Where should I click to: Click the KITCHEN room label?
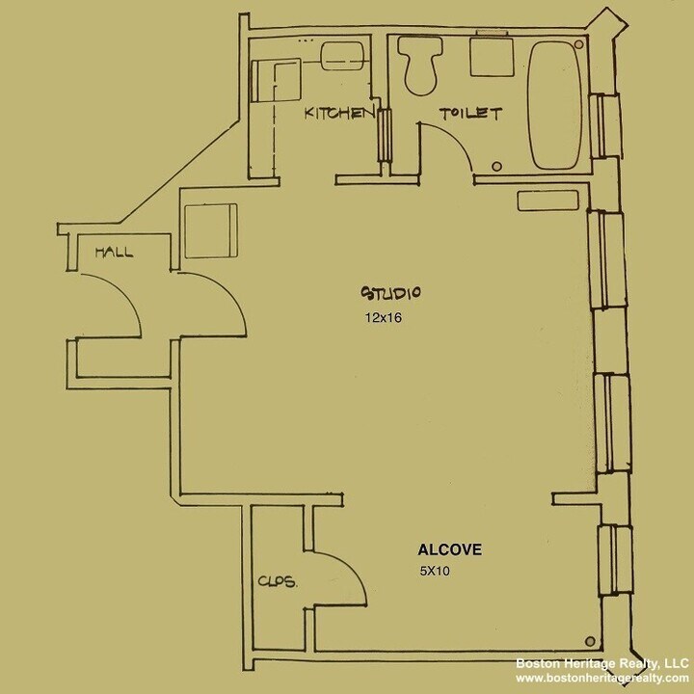tap(338, 114)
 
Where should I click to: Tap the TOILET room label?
tap(470, 114)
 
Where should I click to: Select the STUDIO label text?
tap(393, 293)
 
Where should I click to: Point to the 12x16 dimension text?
tap(382, 317)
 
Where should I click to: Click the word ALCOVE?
tap(449, 550)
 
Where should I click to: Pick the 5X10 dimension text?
tap(435, 571)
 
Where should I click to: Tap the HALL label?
tap(114, 253)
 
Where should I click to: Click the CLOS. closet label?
tap(277, 581)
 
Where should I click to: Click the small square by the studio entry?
tap(209, 230)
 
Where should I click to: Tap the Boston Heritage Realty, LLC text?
tap(601, 663)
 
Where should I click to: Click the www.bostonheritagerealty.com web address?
tap(602, 679)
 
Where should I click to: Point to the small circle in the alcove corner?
tap(591, 639)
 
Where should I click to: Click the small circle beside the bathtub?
tap(496, 165)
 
